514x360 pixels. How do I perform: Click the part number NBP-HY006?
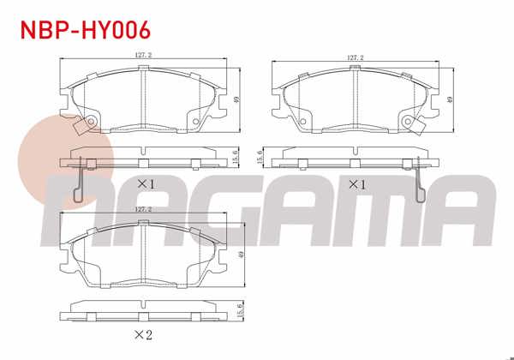point(85,29)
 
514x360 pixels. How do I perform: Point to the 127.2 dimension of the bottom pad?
point(143,208)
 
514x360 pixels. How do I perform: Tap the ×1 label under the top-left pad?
point(145,183)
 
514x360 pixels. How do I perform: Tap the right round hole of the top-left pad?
point(197,121)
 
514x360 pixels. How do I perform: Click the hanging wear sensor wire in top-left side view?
point(79,182)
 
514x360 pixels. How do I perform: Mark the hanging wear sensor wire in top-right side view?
point(420,182)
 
